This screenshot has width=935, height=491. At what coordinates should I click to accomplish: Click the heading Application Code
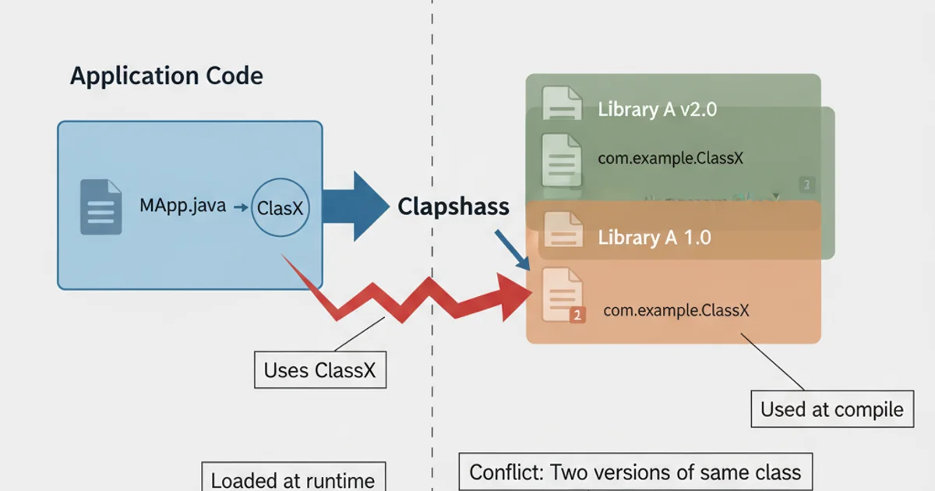point(166,76)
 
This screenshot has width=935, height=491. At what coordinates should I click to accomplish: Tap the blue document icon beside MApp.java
point(101,207)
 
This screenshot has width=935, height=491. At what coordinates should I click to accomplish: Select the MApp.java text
point(182,207)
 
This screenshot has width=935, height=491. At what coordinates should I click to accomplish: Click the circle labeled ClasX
point(280,208)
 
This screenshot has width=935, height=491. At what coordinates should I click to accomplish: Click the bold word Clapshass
point(453,207)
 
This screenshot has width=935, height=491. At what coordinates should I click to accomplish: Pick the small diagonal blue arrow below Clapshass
point(511,249)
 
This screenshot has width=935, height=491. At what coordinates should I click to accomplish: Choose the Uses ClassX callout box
point(319,370)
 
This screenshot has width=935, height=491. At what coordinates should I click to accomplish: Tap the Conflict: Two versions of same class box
point(634,472)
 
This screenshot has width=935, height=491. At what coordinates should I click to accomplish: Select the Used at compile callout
point(831,409)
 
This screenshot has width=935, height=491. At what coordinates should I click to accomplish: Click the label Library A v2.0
point(657,109)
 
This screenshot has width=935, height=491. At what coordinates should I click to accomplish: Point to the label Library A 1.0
point(654,238)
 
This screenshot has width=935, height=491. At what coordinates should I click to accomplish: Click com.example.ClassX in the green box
point(670,158)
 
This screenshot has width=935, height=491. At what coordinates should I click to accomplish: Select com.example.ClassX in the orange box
point(676,310)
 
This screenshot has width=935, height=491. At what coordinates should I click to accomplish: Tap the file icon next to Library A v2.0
point(562,104)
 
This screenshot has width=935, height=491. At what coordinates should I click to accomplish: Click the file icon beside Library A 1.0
point(563,231)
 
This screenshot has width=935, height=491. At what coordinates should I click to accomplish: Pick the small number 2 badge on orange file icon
point(577,316)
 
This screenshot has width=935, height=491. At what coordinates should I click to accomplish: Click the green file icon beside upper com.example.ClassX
point(562,157)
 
